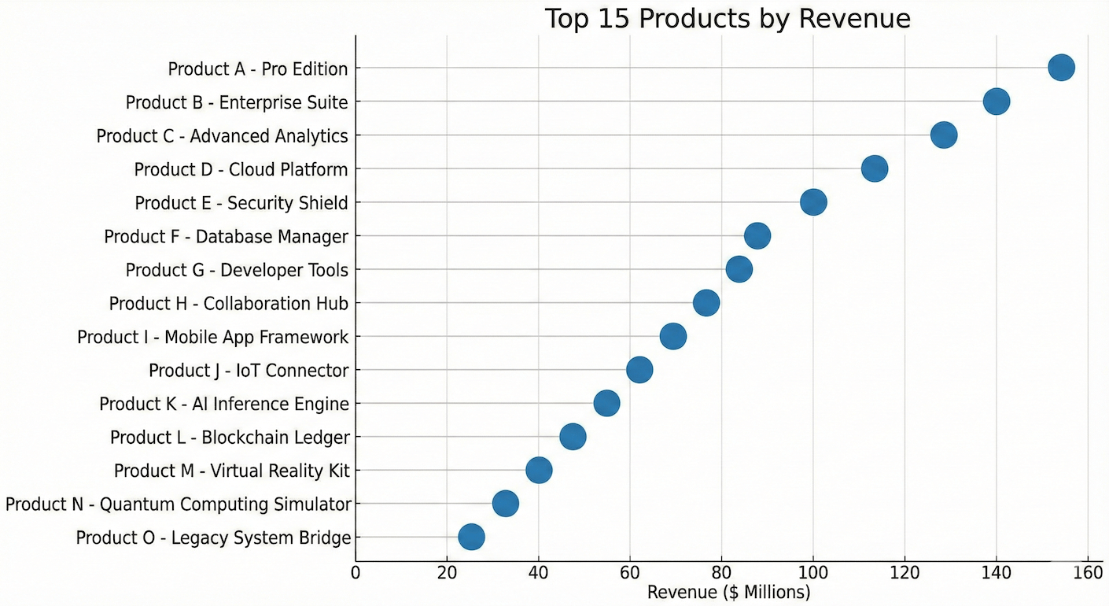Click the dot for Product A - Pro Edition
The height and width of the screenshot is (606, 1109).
(1061, 68)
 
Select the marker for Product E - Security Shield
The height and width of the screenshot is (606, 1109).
(813, 202)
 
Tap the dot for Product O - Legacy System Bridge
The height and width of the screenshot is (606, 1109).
(471, 538)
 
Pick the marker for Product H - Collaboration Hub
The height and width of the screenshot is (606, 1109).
(706, 303)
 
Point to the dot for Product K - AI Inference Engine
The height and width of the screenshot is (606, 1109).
(606, 404)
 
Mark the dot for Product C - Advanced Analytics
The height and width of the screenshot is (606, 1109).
(944, 135)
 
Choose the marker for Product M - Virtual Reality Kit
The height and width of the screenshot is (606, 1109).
(538, 471)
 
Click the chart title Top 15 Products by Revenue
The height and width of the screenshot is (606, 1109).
(728, 19)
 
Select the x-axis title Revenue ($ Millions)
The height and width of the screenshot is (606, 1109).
(728, 592)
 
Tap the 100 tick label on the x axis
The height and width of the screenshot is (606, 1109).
(812, 573)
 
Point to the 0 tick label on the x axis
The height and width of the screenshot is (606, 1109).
(356, 573)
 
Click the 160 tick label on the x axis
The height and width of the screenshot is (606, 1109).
(1087, 573)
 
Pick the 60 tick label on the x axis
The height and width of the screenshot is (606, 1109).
(629, 573)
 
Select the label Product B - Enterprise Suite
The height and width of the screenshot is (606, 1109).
(237, 102)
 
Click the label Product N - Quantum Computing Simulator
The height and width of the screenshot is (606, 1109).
(178, 504)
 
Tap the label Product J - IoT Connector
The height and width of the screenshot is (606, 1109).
(249, 371)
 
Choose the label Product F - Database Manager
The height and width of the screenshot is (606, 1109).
(226, 237)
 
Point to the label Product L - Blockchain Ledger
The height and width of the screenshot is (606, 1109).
(230, 438)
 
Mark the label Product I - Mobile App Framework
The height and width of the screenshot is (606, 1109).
(212, 338)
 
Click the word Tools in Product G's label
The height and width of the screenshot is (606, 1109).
(326, 271)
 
